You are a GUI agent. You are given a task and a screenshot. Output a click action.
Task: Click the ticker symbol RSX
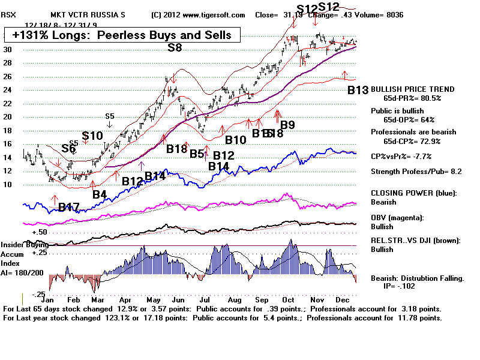coord(11,14)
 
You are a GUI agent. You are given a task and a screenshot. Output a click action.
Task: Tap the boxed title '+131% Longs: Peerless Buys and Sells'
coord(122,35)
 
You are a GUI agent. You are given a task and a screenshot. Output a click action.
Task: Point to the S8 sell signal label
coord(174,47)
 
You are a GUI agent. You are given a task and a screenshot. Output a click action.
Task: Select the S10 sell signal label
coord(92,136)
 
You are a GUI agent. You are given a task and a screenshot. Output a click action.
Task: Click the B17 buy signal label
coord(69,208)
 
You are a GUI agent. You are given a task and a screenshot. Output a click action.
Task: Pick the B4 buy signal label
coord(99,194)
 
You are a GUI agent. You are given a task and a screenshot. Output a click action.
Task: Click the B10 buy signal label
coord(236,140)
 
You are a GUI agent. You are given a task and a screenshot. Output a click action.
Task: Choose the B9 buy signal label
coord(287,125)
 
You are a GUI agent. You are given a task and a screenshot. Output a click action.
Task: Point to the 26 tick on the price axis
coord(7,76)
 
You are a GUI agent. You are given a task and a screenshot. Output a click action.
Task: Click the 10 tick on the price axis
coord(7,184)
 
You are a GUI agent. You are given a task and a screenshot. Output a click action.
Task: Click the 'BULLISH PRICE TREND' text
coord(413,89)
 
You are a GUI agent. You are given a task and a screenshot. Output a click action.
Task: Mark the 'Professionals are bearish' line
coord(413,132)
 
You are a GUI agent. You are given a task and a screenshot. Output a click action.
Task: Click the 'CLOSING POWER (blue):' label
coord(413,193)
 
